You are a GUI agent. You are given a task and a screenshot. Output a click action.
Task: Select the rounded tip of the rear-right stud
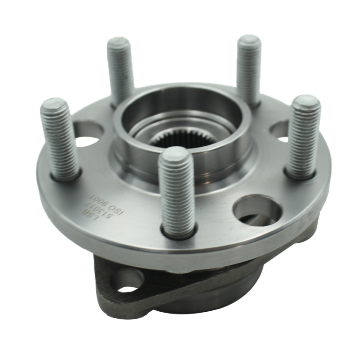pyautogui.click(x=248, y=40)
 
